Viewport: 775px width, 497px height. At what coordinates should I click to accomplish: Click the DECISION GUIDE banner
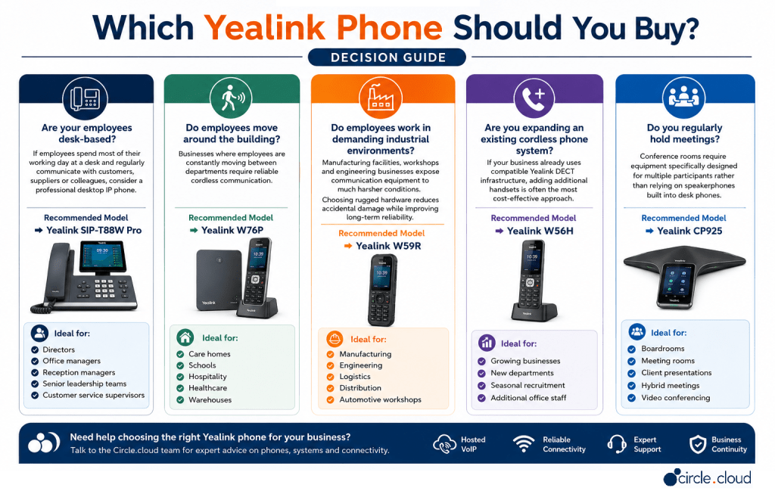[x=387, y=57]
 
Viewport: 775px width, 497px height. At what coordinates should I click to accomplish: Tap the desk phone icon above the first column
[x=85, y=98]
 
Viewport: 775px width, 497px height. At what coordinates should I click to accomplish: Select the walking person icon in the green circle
[x=231, y=98]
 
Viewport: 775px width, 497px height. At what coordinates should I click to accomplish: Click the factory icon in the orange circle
[x=381, y=98]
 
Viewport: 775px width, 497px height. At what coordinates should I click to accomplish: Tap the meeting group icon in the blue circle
[x=683, y=97]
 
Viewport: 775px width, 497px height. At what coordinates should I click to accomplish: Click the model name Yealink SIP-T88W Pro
[x=94, y=230]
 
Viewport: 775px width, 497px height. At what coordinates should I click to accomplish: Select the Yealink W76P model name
[x=232, y=230]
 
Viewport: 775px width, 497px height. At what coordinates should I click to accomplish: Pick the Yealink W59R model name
[x=388, y=246]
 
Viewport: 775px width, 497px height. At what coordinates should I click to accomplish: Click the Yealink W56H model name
[x=540, y=231]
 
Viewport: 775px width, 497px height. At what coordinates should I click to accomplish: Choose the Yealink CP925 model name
[x=689, y=231]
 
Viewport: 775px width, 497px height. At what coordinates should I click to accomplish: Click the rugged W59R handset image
[x=381, y=290]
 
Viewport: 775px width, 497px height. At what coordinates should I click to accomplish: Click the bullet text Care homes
[x=210, y=354]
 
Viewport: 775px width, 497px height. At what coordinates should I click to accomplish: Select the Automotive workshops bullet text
[x=380, y=399]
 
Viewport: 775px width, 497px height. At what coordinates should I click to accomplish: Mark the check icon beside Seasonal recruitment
[x=481, y=386]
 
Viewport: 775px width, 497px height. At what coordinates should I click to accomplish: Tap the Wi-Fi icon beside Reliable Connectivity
[x=524, y=443]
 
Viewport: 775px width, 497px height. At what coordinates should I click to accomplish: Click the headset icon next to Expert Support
[x=616, y=443]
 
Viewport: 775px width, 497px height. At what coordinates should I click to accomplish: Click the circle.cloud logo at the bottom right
[x=708, y=478]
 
